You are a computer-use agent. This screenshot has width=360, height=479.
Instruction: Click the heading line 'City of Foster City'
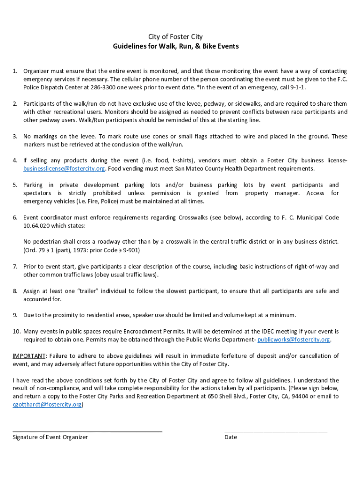175,36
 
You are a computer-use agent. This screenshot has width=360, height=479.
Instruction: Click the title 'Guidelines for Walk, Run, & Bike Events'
175,46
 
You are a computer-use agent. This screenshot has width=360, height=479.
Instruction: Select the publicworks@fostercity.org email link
294,340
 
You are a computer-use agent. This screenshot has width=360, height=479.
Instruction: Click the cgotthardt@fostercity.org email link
47,405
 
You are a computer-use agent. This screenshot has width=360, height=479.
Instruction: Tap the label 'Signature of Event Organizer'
50,437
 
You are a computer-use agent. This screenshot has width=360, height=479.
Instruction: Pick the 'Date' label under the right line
230,437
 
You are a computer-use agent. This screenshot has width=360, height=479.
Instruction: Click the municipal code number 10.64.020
37,226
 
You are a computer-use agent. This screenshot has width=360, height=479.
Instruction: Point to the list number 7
15,267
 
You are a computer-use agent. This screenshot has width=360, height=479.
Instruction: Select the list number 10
16,331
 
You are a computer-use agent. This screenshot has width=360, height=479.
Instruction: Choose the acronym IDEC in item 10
234,331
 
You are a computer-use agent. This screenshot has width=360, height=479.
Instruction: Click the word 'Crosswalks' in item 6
194,218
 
